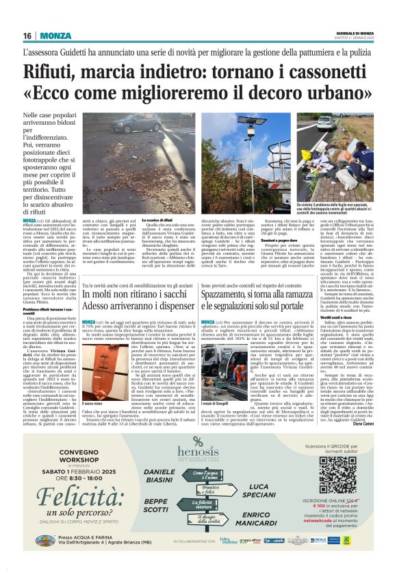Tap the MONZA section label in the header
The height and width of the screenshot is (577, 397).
[55, 36]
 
